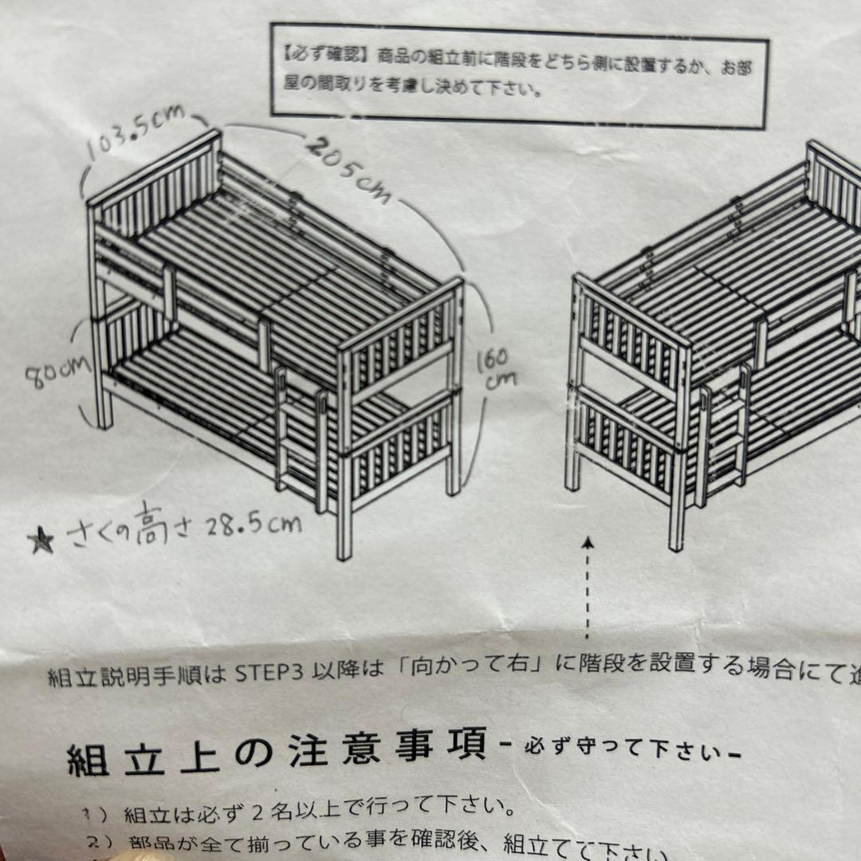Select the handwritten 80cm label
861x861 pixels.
tap(57, 373)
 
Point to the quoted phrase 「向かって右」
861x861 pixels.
tap(474, 668)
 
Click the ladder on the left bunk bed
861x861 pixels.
tap(299, 434)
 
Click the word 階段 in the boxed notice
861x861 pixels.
tap(495, 60)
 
